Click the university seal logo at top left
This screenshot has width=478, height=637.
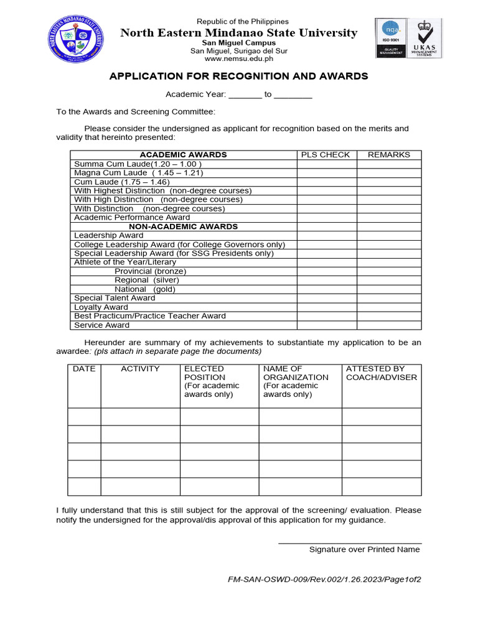tap(75, 38)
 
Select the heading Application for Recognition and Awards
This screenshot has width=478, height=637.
tap(238, 77)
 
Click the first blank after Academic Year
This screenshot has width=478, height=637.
tap(246, 95)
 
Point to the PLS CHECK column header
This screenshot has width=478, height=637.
tap(326, 155)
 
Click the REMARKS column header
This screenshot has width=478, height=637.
tap(389, 155)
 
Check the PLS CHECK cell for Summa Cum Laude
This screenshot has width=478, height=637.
tap(327, 164)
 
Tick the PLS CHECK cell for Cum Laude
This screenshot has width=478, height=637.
tap(327, 182)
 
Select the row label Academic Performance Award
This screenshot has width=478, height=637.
tap(132, 218)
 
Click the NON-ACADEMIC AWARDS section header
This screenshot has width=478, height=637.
tap(183, 226)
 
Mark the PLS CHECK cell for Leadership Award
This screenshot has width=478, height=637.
tap(327, 236)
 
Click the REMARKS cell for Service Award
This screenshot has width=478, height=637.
tap(389, 325)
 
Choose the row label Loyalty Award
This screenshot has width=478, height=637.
tap(101, 307)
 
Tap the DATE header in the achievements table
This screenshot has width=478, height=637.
tap(84, 369)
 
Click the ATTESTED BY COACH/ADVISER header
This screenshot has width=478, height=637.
tap(382, 373)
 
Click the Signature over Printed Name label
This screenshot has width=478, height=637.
tap(364, 549)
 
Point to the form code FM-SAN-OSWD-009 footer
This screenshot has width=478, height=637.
tap(324, 580)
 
